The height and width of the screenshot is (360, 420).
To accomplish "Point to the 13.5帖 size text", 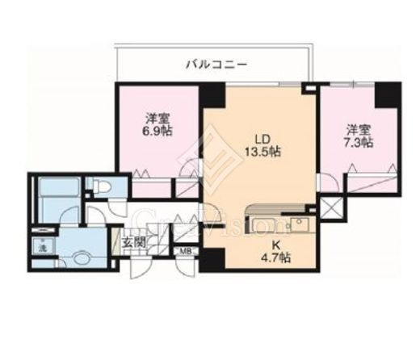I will pyautogui.click(x=262, y=151).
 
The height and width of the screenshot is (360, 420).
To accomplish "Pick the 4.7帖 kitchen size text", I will pyautogui.click(x=275, y=257).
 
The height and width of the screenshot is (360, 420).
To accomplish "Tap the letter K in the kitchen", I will pyautogui.click(x=275, y=243).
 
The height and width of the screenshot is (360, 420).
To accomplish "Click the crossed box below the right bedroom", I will pyautogui.click(x=331, y=206).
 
